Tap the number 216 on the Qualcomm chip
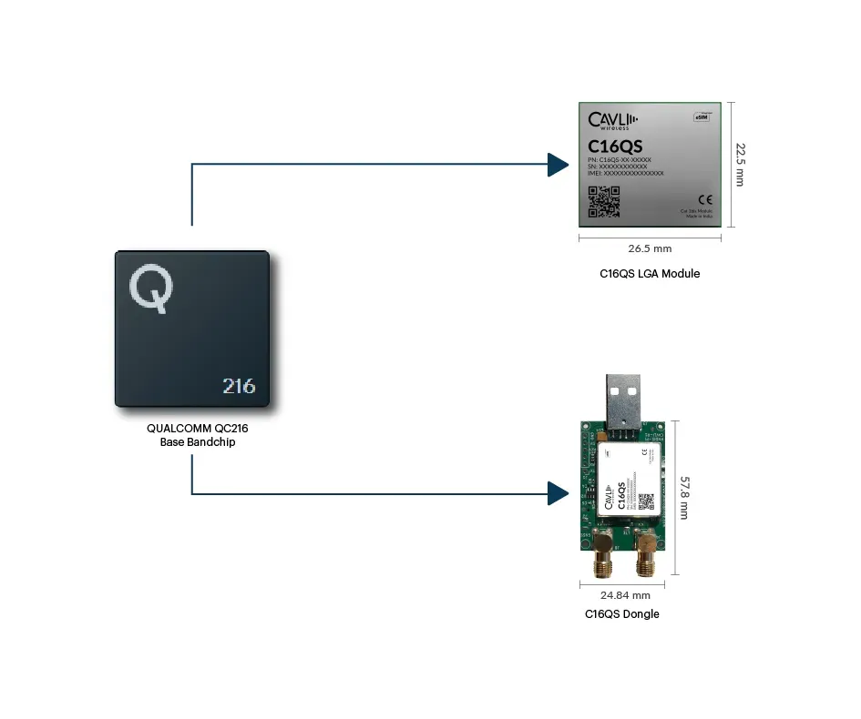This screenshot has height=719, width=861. (x=239, y=385)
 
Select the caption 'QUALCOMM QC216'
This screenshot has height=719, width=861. (x=191, y=428)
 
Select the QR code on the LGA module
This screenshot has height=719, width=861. (x=603, y=202)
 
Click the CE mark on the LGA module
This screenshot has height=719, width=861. (x=703, y=199)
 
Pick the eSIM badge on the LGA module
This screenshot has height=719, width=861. (x=702, y=116)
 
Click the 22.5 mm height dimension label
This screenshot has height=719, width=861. (x=740, y=164)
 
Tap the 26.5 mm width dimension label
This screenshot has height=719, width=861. (x=650, y=248)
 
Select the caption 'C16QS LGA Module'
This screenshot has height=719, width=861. (x=650, y=273)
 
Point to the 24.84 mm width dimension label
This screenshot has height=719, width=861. (x=625, y=596)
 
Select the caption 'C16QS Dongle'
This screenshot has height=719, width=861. (x=622, y=614)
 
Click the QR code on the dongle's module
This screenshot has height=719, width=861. (x=646, y=501)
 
